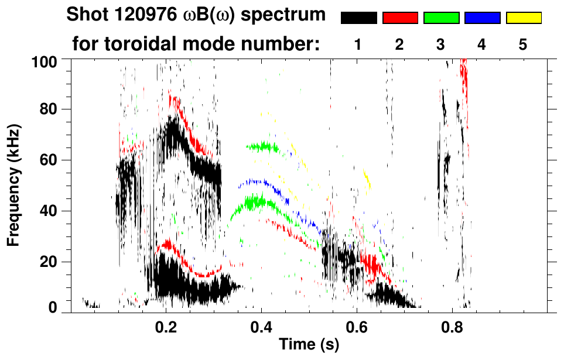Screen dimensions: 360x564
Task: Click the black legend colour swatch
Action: pyautogui.click(x=359, y=18)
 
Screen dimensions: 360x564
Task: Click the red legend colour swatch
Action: pyautogui.click(x=400, y=18)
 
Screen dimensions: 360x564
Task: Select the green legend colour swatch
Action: pyautogui.click(x=441, y=18)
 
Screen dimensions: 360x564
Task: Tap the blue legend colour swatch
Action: pyautogui.click(x=482, y=18)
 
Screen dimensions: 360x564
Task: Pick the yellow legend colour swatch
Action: pyautogui.click(x=523, y=18)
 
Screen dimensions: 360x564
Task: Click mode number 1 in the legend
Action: pyautogui.click(x=358, y=45)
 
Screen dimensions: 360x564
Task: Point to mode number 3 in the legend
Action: pyautogui.click(x=440, y=45)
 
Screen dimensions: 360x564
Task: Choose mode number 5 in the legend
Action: pyautogui.click(x=523, y=45)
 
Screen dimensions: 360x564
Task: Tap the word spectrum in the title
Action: pyautogui.click(x=285, y=16)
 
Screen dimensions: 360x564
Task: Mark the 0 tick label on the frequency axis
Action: pyautogui.click(x=54, y=308)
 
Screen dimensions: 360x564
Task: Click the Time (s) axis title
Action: pyautogui.click(x=309, y=344)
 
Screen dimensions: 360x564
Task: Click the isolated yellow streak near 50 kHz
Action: pyautogui.click(x=367, y=179)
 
